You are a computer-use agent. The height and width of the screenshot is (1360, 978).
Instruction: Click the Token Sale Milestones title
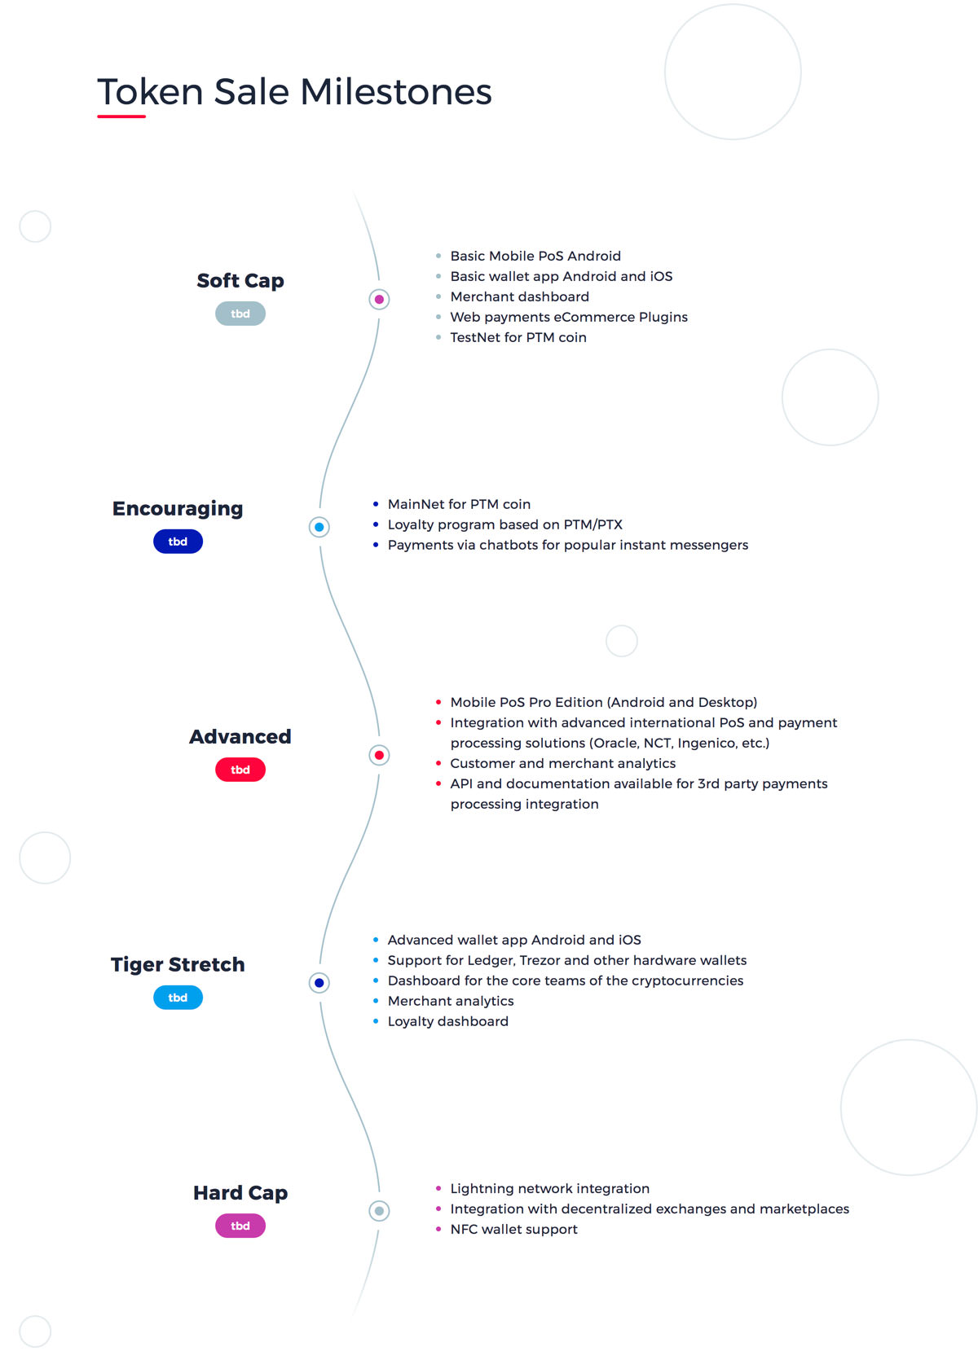coord(294,92)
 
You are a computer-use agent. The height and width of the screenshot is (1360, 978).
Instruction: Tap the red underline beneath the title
coord(121,116)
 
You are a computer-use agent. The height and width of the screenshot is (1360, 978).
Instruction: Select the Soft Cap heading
coord(240,280)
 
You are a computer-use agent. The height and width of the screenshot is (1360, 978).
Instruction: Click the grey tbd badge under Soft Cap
coord(240,314)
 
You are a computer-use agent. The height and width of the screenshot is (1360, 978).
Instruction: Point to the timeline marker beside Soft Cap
coord(379,300)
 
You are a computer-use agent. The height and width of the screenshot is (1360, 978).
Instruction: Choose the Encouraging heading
coord(178,509)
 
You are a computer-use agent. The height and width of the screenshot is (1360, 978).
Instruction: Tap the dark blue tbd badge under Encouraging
coord(178,541)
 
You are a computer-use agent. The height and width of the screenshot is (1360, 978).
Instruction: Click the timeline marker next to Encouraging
coord(319,527)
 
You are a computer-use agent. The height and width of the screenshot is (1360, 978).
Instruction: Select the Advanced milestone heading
coord(240,736)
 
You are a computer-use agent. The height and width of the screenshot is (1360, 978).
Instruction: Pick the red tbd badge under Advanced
coord(240,770)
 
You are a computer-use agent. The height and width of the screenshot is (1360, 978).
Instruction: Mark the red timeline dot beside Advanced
coord(379,755)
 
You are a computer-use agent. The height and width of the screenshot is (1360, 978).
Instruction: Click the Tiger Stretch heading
coord(178,965)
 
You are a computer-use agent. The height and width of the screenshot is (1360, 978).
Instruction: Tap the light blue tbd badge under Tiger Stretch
coord(178,997)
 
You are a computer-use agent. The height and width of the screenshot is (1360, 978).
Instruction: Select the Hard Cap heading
coord(240,1193)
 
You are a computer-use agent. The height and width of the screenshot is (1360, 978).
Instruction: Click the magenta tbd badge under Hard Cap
coord(240,1225)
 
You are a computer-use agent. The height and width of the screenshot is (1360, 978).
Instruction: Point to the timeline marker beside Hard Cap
coord(379,1211)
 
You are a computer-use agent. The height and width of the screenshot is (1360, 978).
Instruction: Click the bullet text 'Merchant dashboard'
coord(519,296)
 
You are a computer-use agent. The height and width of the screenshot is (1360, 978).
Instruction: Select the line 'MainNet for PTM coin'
coord(459,504)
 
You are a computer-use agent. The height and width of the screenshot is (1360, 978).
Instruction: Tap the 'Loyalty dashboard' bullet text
coord(447,1021)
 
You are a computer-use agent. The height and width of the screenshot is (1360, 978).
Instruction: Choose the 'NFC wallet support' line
coord(513,1229)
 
